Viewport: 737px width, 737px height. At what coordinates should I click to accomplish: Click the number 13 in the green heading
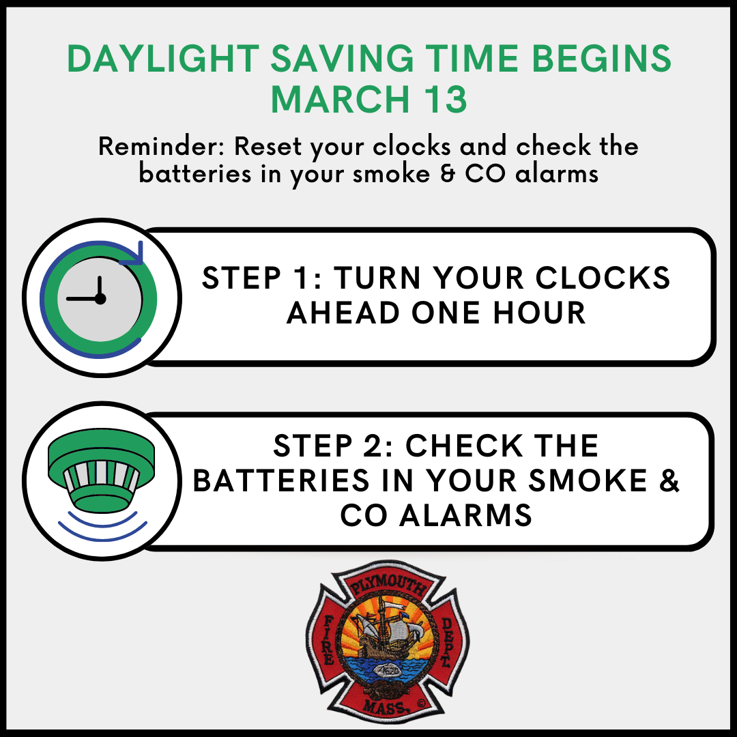point(445,99)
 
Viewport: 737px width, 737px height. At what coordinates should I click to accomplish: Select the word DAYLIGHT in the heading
point(162,59)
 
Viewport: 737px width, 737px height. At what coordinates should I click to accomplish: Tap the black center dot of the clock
point(100,298)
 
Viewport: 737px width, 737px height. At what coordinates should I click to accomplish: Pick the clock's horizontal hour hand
point(83,298)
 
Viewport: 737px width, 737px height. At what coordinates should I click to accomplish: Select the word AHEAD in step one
point(343,313)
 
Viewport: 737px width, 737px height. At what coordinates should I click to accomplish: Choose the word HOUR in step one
point(539,313)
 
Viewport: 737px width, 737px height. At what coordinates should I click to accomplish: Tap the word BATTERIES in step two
point(281,480)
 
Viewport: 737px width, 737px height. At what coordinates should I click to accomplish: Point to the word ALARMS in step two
point(466,515)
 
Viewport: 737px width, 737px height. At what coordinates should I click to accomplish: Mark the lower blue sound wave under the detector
point(102,533)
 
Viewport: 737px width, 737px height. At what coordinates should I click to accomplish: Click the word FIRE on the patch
point(328,640)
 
